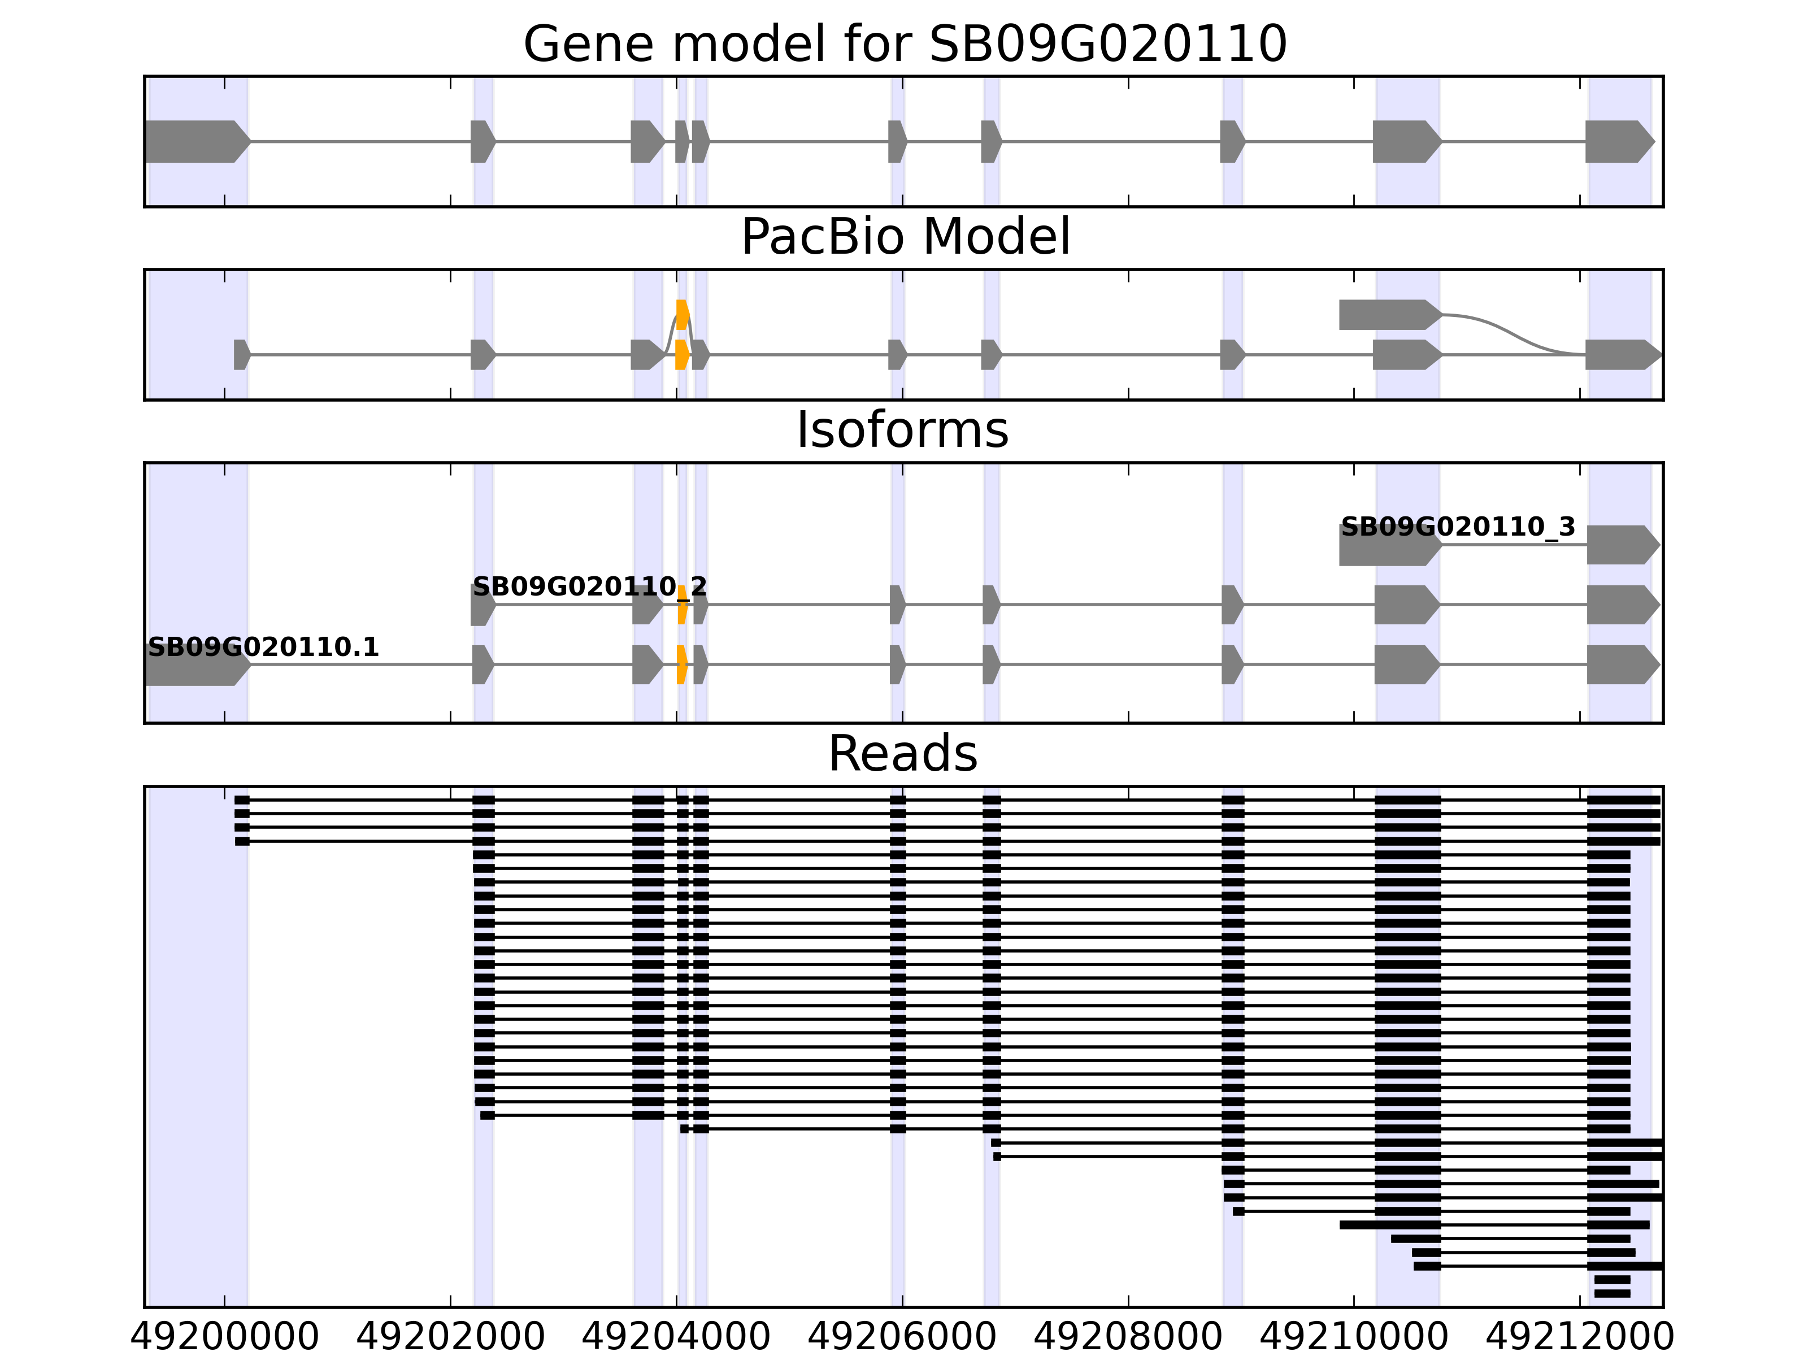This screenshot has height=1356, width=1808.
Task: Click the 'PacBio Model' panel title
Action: pyautogui.click(x=905, y=237)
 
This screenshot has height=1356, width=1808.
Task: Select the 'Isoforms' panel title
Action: pyautogui.click(x=902, y=430)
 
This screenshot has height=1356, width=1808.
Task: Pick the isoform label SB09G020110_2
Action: pyautogui.click(x=589, y=587)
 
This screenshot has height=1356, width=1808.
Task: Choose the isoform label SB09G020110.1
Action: pyautogui.click(x=263, y=647)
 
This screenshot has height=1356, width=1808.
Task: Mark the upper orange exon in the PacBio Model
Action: pyautogui.click(x=683, y=315)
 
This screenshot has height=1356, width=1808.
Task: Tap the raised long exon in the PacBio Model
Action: pyautogui.click(x=1388, y=315)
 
